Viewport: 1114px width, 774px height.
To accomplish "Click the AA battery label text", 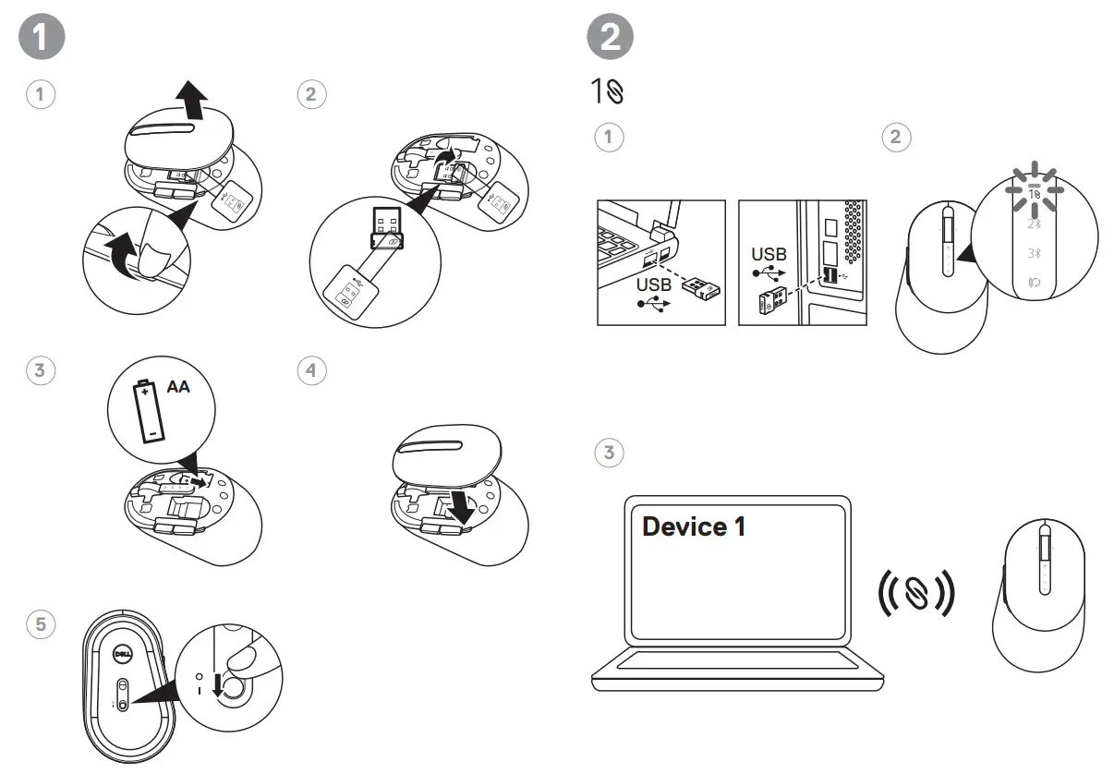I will [177, 387].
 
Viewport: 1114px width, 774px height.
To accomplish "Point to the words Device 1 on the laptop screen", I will [693, 527].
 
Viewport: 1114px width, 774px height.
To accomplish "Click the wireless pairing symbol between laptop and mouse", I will [914, 592].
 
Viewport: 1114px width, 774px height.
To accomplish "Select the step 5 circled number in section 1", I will [41, 623].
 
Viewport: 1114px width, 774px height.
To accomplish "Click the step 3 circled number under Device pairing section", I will [608, 453].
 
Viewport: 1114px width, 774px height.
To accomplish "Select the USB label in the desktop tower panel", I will [769, 254].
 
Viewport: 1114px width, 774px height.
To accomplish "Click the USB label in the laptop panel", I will [653, 285].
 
